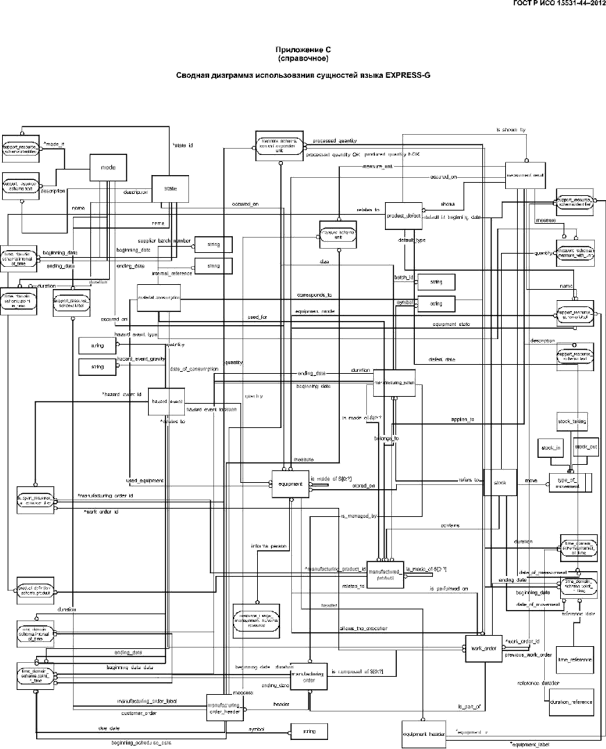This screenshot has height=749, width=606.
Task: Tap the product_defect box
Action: (x=404, y=215)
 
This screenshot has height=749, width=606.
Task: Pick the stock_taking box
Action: (x=573, y=421)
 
